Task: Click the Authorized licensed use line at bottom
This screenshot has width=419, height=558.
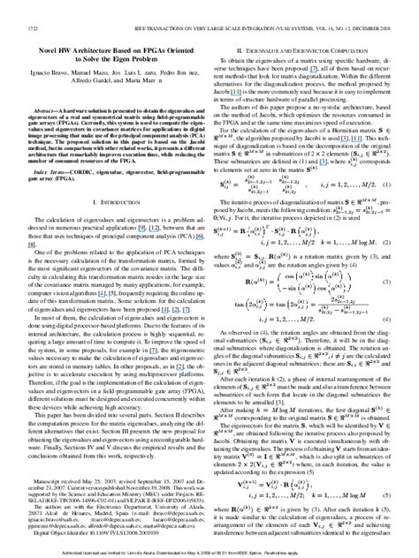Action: (209, 551)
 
